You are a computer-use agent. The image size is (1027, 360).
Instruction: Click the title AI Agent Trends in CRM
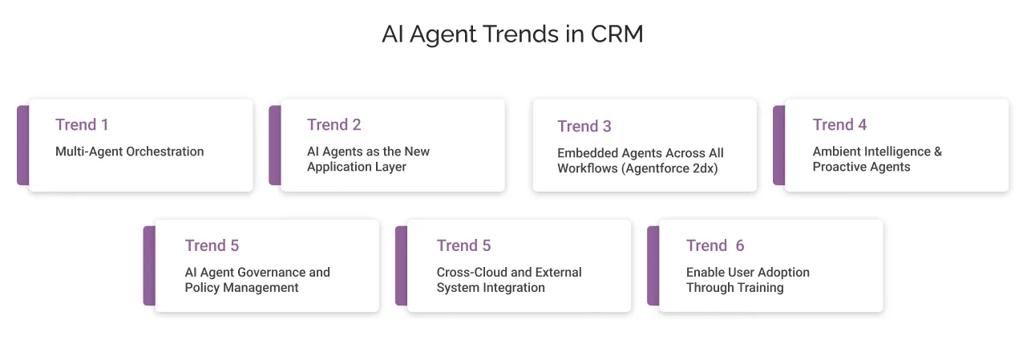(x=512, y=35)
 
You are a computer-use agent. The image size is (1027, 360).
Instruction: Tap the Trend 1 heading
(x=82, y=124)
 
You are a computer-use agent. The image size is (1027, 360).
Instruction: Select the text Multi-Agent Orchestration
(x=129, y=152)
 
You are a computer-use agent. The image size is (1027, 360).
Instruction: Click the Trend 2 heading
(x=334, y=124)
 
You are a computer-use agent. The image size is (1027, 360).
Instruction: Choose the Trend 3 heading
(x=584, y=126)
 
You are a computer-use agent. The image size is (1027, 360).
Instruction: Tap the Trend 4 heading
(x=839, y=124)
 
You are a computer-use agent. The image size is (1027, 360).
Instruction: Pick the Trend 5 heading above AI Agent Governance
(x=212, y=245)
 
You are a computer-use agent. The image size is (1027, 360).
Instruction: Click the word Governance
(x=268, y=273)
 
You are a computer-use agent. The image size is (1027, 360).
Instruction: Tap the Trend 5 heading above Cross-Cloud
(x=463, y=245)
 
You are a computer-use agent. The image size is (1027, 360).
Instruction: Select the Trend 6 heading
(x=715, y=245)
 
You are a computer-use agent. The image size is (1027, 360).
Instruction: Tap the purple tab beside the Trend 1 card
(x=22, y=145)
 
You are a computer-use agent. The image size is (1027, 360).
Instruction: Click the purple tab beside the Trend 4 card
(x=778, y=145)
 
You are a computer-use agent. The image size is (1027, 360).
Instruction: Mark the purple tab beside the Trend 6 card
(x=653, y=265)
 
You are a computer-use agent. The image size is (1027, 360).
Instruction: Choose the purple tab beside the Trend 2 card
(x=274, y=145)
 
